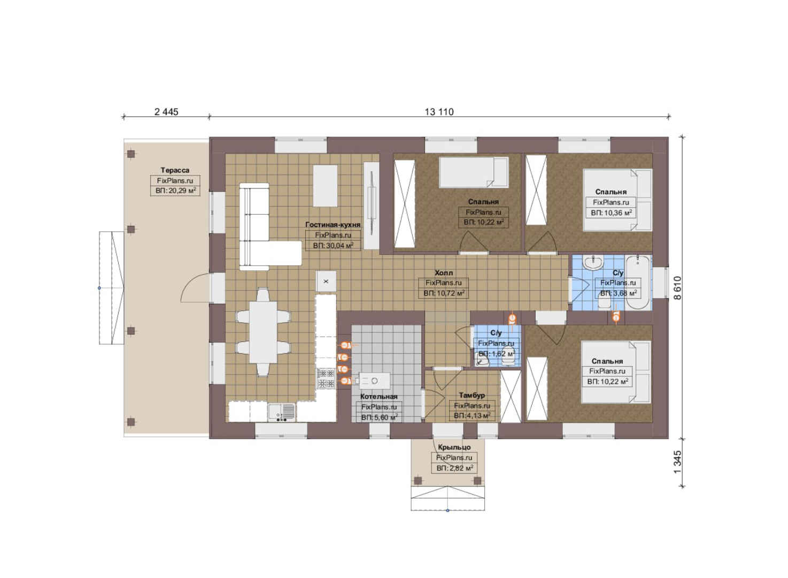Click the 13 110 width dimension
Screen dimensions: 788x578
coord(439,112)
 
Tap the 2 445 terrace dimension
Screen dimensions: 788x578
coord(166,112)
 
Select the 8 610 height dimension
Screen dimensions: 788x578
coord(677,288)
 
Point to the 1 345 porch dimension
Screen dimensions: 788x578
coord(677,462)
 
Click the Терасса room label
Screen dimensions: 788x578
coord(175,170)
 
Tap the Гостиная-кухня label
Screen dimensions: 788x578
coord(333,225)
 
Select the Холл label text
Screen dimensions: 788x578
coord(444,273)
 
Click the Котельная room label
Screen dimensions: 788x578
coord(379,397)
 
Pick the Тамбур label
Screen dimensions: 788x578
coord(472,396)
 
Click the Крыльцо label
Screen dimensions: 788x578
coord(454,447)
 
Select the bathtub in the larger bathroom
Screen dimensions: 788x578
coord(638,283)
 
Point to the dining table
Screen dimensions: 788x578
coord(263,332)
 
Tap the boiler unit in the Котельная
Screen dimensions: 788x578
coord(374,381)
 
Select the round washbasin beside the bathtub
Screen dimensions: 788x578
coord(593,262)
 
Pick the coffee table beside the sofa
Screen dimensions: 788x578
coord(325,186)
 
